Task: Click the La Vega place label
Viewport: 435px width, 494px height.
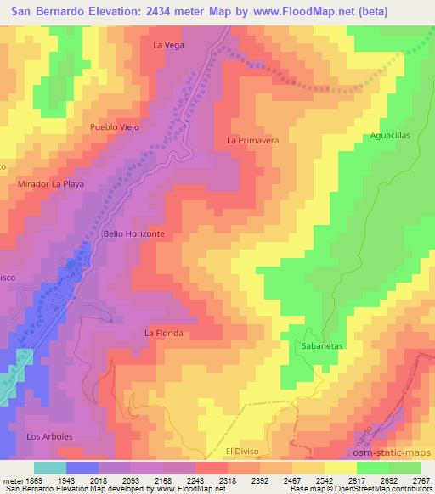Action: point(168,44)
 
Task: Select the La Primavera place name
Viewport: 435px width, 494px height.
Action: point(253,141)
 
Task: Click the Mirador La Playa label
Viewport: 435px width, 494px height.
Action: point(51,183)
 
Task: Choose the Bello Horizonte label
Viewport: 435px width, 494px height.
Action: point(133,233)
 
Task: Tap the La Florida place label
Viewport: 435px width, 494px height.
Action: point(164,334)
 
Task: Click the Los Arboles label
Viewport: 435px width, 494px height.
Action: point(49,436)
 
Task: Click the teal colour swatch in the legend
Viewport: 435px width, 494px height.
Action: point(50,467)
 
